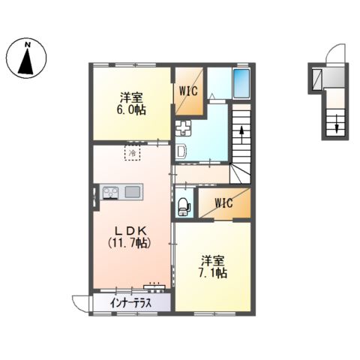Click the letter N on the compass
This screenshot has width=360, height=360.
(28, 45)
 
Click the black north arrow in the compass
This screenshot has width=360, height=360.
(26, 61)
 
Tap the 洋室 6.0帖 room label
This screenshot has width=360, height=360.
(131, 103)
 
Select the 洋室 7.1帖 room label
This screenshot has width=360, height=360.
(213, 267)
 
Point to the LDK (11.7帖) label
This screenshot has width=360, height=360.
(130, 237)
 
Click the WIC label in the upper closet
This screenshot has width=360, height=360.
(188, 91)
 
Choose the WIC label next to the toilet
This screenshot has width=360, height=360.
(223, 202)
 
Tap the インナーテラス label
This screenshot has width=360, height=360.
(130, 303)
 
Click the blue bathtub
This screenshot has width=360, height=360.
(241, 83)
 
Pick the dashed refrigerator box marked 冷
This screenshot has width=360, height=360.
(132, 152)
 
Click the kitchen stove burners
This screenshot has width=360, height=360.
(110, 193)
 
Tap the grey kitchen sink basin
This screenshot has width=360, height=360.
(133, 192)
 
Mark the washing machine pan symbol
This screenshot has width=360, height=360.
(183, 127)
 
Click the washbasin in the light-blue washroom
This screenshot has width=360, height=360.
(181, 151)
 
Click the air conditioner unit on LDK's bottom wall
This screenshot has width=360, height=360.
(154, 286)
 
